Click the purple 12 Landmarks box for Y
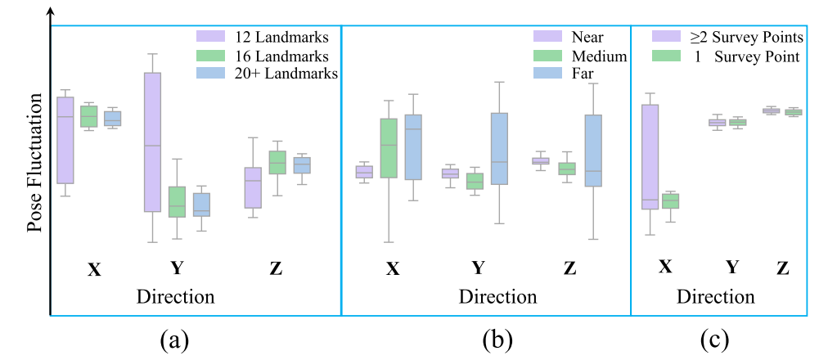click(152, 142)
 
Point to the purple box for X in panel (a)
click(65, 140)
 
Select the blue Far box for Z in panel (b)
click(593, 151)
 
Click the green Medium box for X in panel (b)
click(389, 148)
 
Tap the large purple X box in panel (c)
click(650, 157)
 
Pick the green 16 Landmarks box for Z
click(277, 162)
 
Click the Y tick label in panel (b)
click(479, 268)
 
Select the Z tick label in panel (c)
click(783, 267)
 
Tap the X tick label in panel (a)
click(94, 269)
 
